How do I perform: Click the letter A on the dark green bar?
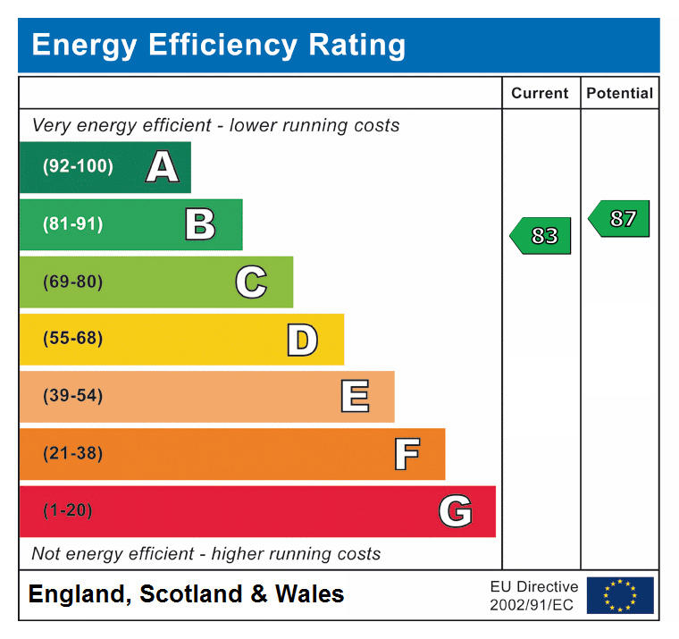point(162,167)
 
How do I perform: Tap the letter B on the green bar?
point(200,224)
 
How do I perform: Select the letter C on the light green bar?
point(251,282)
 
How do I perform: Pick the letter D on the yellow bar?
point(302,340)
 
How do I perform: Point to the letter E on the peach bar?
point(355,396)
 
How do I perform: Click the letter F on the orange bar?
point(407,454)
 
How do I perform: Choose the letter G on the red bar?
point(456,511)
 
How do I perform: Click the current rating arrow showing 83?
point(541,236)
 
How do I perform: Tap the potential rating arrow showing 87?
point(620,218)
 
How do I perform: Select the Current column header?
point(540,93)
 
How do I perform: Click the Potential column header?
point(619,93)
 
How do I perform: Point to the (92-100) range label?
point(78,166)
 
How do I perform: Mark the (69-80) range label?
point(72,282)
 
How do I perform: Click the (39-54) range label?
point(72,396)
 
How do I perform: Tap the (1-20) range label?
point(68,511)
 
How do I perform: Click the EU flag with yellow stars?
point(619,595)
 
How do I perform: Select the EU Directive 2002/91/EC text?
point(533,595)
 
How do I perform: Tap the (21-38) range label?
point(72,454)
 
